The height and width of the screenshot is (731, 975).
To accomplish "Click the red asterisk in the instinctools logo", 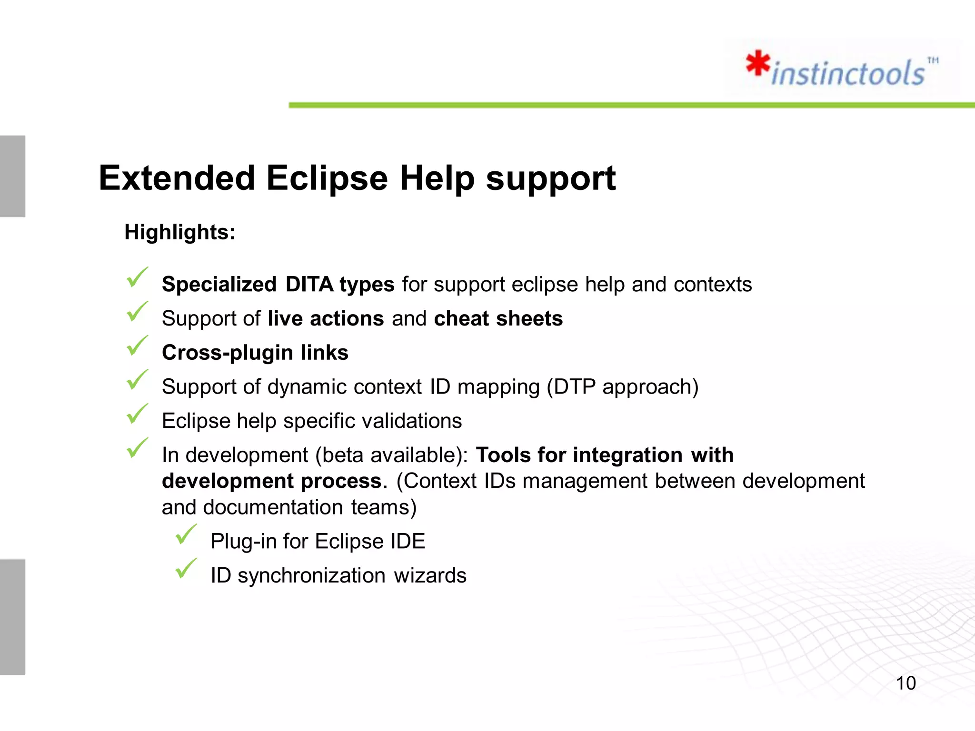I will [x=758, y=64].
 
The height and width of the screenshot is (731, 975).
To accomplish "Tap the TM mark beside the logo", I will [x=933, y=60].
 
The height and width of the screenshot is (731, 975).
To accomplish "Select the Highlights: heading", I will [x=179, y=232].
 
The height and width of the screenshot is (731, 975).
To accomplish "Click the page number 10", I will [x=905, y=683].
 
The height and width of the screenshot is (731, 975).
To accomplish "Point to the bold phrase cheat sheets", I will [x=498, y=318].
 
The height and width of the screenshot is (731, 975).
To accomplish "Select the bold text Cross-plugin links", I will [x=255, y=353].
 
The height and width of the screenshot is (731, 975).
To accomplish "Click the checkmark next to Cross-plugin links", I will [x=137, y=346].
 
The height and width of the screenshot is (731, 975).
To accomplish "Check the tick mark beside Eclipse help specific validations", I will [x=137, y=414].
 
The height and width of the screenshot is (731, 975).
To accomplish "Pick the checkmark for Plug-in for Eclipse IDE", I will [x=186, y=534].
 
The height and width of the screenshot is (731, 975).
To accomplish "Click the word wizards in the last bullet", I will [x=430, y=576].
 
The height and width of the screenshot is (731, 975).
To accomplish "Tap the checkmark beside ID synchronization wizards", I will [x=186, y=569].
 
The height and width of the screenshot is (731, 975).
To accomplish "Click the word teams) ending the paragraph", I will [x=384, y=507].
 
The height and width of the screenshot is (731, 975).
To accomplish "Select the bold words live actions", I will [x=326, y=318].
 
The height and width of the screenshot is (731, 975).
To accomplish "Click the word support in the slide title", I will [x=550, y=178].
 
